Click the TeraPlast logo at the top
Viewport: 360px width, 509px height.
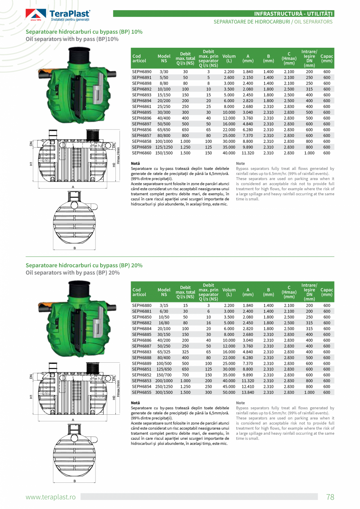(x=58, y=15)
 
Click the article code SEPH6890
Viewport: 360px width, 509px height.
(x=142, y=72)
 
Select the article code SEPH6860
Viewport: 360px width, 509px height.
(x=142, y=153)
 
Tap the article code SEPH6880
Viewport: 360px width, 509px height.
(x=142, y=306)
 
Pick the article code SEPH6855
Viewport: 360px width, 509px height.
(x=142, y=392)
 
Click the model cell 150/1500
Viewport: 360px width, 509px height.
(x=164, y=153)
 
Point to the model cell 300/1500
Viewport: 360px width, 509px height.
(x=164, y=392)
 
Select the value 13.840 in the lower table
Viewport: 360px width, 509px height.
(x=248, y=392)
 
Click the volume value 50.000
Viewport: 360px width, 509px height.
(x=229, y=392)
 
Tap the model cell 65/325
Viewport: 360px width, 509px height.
(x=164, y=352)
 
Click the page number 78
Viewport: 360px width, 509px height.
(x=330, y=497)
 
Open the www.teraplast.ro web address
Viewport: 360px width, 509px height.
(x=50, y=497)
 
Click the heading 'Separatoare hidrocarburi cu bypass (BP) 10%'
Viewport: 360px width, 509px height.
(x=84, y=32)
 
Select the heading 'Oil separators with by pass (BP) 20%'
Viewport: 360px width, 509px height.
(x=73, y=273)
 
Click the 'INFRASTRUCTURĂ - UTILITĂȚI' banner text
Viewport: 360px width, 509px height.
(x=293, y=14)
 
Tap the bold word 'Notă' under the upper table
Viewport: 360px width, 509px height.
(x=135, y=163)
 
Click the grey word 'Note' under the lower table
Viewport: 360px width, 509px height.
(x=241, y=403)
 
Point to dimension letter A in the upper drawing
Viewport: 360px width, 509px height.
(x=73, y=187)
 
